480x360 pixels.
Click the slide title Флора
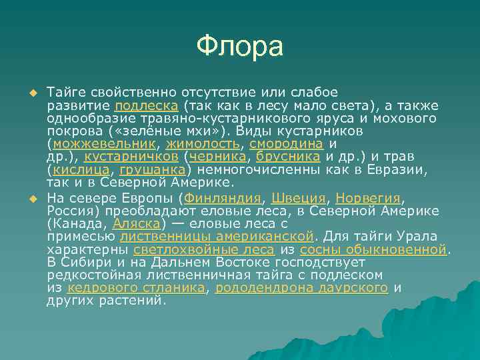pos(240,46)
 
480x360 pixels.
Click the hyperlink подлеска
pos(146,105)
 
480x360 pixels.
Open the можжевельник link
pos(104,143)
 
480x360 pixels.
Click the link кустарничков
pos(132,156)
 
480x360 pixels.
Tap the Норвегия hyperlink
pos(369,199)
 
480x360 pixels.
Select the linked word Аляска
pos(136,224)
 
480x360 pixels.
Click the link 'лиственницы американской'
pos(217,237)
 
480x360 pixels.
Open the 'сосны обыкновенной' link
pos(373,249)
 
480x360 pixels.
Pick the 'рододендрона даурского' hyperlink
pos(302,287)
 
